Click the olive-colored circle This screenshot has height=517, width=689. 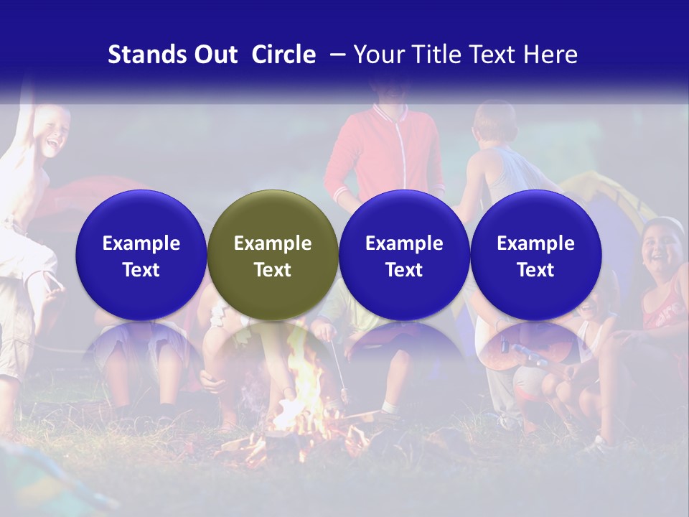click(x=273, y=256)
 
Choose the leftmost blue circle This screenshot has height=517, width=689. click(x=141, y=256)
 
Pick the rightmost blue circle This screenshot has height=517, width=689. click(x=535, y=256)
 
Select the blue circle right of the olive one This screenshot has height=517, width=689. click(x=404, y=256)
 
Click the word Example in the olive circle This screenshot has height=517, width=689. click(x=273, y=243)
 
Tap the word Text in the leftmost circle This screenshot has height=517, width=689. click(x=141, y=270)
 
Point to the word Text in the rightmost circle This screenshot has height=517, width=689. click(x=535, y=270)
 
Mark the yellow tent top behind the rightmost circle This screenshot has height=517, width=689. click(x=610, y=194)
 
